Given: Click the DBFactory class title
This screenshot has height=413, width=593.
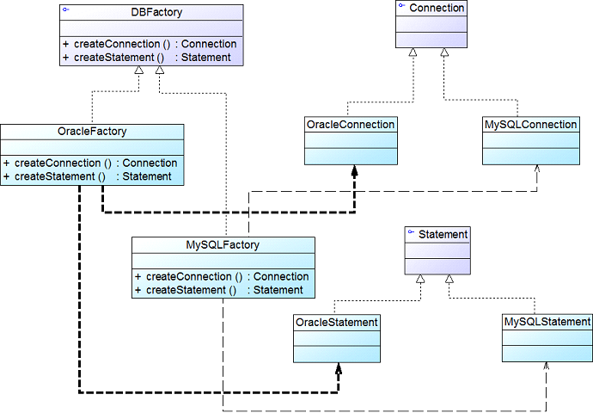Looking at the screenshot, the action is (156, 12).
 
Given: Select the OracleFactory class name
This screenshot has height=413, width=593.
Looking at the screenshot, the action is (92, 132).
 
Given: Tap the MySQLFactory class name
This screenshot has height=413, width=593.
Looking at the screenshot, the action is (223, 245).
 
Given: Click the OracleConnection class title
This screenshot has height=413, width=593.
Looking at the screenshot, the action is (351, 125).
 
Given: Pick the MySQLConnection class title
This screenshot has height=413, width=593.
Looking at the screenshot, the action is (530, 125).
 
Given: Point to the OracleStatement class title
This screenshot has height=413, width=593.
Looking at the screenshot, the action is (337, 322).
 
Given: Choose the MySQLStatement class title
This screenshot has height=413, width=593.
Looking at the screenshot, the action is (547, 322).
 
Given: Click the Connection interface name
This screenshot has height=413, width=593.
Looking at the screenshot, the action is (437, 8).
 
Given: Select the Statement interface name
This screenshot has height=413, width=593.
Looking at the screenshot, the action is (443, 235).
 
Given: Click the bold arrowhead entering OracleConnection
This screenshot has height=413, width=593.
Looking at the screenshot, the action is (354, 171).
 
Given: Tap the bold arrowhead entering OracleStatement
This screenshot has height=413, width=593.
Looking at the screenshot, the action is (339, 369).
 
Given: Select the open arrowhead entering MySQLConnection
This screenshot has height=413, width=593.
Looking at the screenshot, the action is (537, 169).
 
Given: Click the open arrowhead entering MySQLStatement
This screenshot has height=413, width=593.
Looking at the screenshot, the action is (546, 366).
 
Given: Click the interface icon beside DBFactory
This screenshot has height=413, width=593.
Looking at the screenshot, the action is (66, 9).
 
